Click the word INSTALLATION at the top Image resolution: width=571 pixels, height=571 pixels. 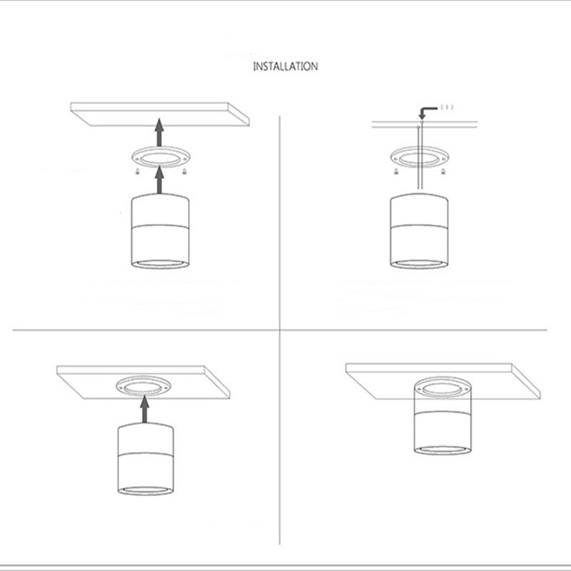[285, 66]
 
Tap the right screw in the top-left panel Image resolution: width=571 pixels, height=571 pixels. [184, 171]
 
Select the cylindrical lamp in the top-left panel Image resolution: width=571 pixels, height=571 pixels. [161, 232]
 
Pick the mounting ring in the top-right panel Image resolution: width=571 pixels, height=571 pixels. [418, 157]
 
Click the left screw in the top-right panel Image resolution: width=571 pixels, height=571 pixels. [395, 171]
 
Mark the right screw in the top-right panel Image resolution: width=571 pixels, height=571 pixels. [443, 171]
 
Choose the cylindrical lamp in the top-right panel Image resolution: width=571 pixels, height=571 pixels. [419, 232]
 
